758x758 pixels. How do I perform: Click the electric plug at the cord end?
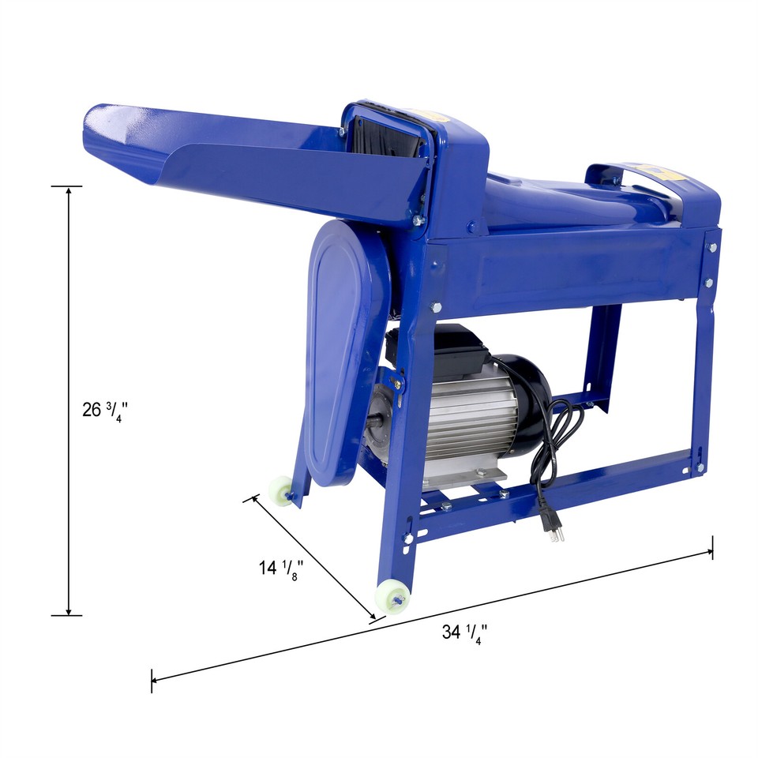click(554, 524)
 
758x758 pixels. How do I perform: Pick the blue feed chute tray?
click(253, 158)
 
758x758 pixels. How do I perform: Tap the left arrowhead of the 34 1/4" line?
click(156, 678)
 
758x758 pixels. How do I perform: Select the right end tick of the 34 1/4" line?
click(712, 547)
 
